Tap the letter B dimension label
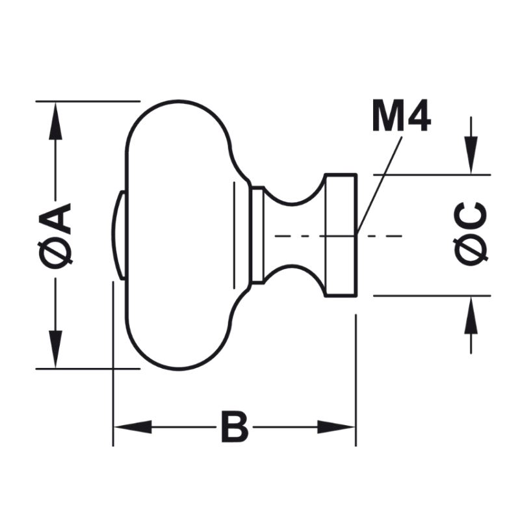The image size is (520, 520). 234,427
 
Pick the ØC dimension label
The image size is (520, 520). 471,234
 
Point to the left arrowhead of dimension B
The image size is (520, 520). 133,427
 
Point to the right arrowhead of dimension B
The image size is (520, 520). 337,427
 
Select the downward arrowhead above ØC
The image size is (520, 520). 471,156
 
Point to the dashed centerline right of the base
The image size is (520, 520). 383,235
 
